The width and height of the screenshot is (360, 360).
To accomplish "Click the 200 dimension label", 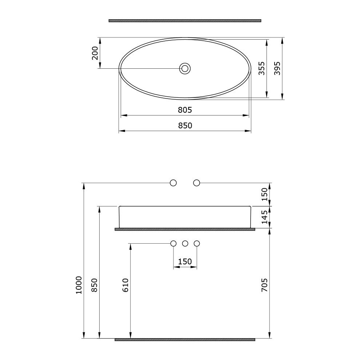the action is [95, 53].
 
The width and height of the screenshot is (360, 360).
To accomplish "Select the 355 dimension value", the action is [261, 68].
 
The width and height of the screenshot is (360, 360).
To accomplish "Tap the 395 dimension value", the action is [277, 68].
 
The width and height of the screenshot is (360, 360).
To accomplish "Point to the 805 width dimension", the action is [185, 110].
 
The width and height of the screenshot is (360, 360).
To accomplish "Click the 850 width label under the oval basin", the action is [185, 125].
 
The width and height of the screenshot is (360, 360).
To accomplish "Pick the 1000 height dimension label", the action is [79, 285].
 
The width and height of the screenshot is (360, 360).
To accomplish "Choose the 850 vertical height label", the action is [94, 285].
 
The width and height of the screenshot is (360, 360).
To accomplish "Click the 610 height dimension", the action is [125, 285].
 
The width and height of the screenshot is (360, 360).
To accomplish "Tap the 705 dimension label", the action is [264, 285].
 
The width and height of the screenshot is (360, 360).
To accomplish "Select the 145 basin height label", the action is [264, 217].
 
